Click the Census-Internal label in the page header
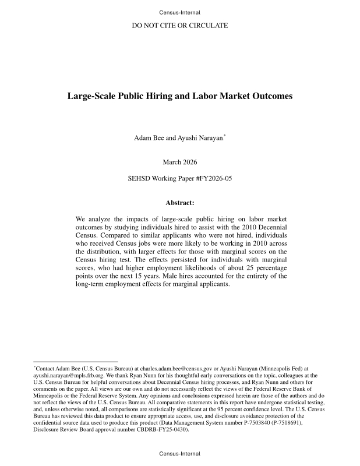(x=179, y=12)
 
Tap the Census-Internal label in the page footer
(x=179, y=454)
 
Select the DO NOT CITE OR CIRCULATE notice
(x=179, y=26)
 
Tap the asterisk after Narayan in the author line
(x=225, y=136)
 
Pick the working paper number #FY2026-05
(x=212, y=179)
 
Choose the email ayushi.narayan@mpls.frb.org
(x=62, y=376)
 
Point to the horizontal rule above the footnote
(x=76, y=362)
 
